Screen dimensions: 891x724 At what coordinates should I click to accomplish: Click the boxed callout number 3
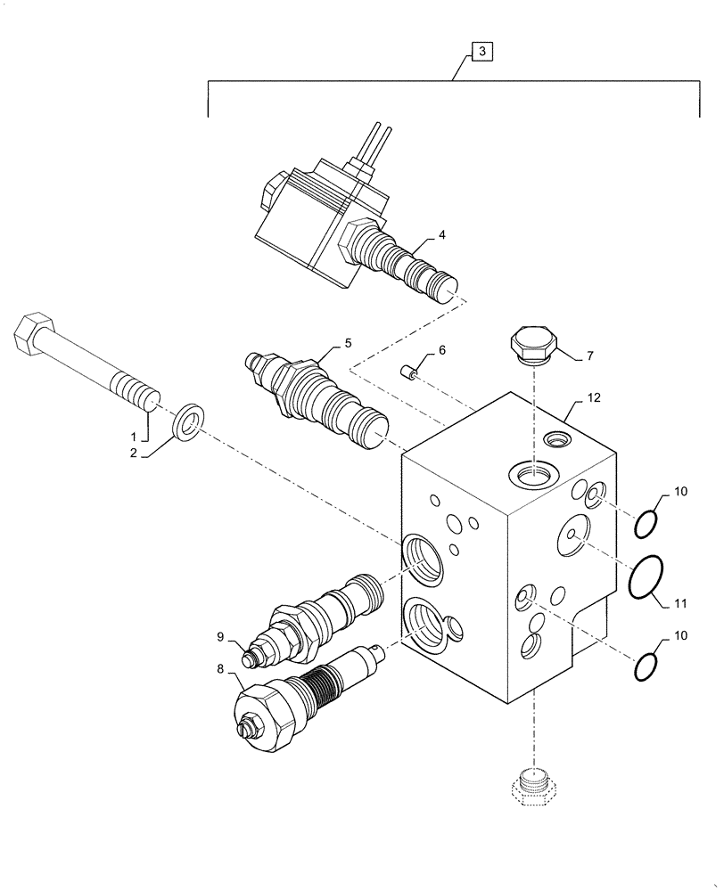coord(481,53)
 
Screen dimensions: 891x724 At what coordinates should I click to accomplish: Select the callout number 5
coord(349,342)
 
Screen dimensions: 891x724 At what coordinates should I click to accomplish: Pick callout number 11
coord(681,603)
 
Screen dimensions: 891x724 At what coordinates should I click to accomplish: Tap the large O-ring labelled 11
coord(645,576)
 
